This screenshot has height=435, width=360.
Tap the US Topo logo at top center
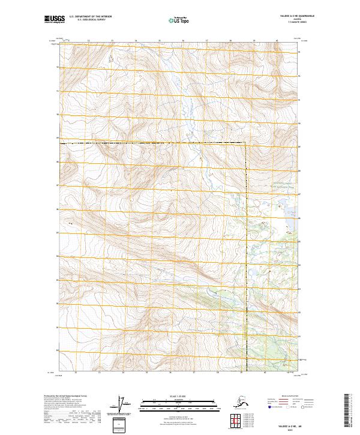pyautogui.click(x=180, y=20)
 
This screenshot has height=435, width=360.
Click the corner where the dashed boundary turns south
pyautogui.click(x=245, y=143)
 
